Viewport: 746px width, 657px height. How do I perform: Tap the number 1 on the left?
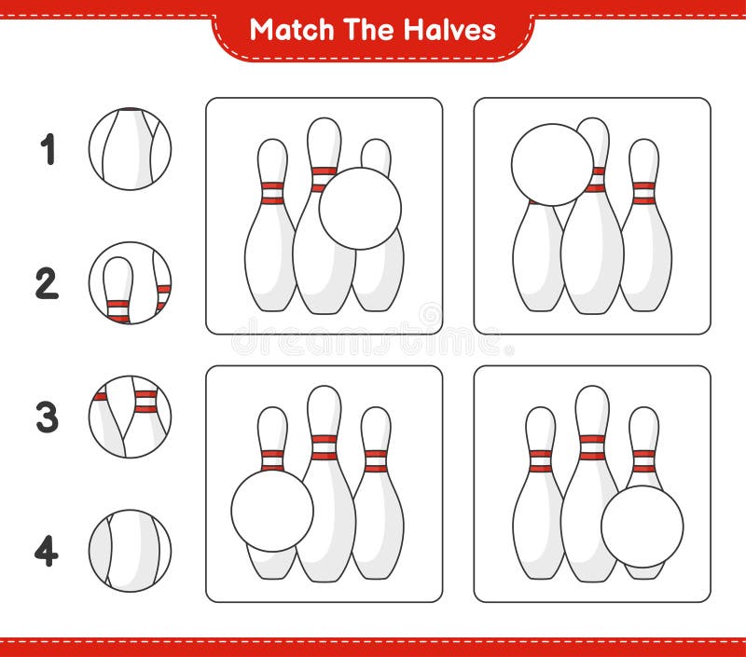pyautogui.click(x=48, y=149)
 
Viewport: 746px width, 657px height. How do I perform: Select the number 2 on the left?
pyautogui.click(x=47, y=283)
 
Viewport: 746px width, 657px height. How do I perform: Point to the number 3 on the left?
pyautogui.click(x=47, y=417)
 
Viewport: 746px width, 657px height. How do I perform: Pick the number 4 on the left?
pyautogui.click(x=47, y=551)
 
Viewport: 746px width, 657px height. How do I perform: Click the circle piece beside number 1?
pyautogui.click(x=130, y=149)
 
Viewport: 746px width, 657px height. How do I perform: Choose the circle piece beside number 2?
pyautogui.click(x=130, y=283)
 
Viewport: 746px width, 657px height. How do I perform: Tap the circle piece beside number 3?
pyautogui.click(x=130, y=417)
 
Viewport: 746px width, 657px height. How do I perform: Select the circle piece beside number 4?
pyautogui.click(x=130, y=551)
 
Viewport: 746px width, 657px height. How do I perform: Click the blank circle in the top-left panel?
pyautogui.click(x=360, y=209)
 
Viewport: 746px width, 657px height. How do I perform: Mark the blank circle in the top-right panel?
pyautogui.click(x=552, y=165)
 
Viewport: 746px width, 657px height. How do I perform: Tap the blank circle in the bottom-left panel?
pyautogui.click(x=272, y=511)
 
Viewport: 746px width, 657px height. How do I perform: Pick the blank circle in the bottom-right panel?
pyautogui.click(x=642, y=527)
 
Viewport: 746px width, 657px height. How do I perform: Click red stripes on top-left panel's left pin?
pyautogui.click(x=272, y=193)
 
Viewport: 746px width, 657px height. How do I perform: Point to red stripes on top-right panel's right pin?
pyautogui.click(x=643, y=192)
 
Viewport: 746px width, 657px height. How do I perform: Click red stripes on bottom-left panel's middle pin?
pyautogui.click(x=324, y=447)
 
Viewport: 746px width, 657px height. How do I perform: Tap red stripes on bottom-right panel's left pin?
pyautogui.click(x=540, y=460)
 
